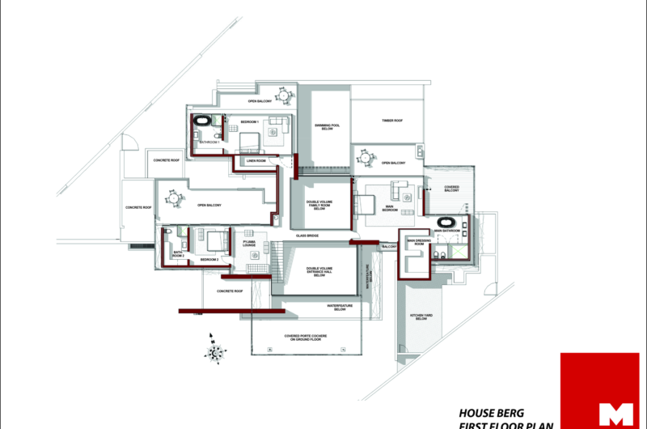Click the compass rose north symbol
tap(214, 350)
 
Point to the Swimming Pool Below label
tap(330, 127)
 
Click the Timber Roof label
tap(392, 121)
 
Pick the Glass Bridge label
tap(307, 236)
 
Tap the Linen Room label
tap(256, 161)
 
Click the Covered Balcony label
tap(452, 189)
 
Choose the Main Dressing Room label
tap(416, 242)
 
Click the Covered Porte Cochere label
tap(303, 337)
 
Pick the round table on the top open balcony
tap(283, 95)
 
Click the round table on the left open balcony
tap(173, 198)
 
